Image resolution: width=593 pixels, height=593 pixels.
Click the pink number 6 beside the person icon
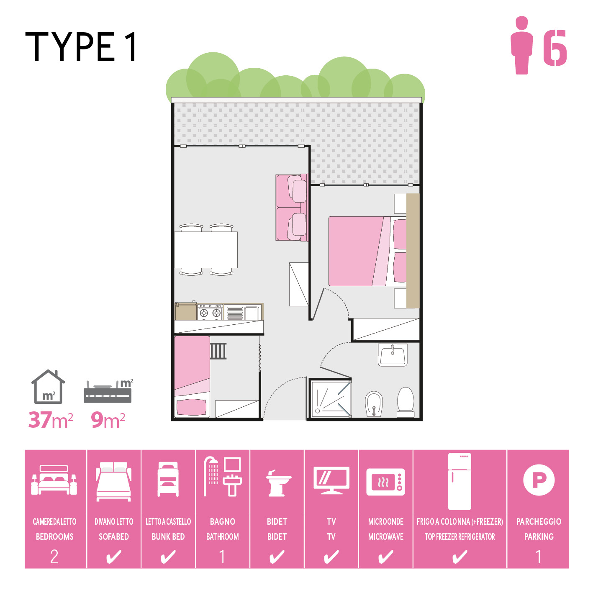coord(555,48)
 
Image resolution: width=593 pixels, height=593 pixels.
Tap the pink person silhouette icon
coord(521,45)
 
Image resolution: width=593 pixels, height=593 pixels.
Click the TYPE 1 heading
coord(81,47)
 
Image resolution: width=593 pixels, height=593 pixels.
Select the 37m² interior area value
coord(51,420)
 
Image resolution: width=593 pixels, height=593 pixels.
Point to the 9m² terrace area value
coord(108,420)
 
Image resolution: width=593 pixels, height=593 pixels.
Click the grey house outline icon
coord(48,387)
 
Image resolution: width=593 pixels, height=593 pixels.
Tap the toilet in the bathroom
coord(405,402)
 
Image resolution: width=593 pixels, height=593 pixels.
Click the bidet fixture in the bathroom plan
coord(374,404)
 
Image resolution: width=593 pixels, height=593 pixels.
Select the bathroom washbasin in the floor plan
coord(393,355)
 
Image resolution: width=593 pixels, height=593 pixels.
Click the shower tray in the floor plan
coord(330,399)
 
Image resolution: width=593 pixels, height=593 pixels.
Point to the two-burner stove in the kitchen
coord(210,312)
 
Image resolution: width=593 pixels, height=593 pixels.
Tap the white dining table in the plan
coord(206,249)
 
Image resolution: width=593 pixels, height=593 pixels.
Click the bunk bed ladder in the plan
coord(218,351)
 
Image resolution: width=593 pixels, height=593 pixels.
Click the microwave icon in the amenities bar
coord(385,482)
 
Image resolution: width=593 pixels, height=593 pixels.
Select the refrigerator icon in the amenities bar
coord(460,481)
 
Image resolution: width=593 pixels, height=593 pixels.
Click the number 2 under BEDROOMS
coord(54,557)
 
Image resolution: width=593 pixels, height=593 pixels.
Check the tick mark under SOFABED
coord(113,557)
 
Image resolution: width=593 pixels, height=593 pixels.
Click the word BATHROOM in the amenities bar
coord(223,537)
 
